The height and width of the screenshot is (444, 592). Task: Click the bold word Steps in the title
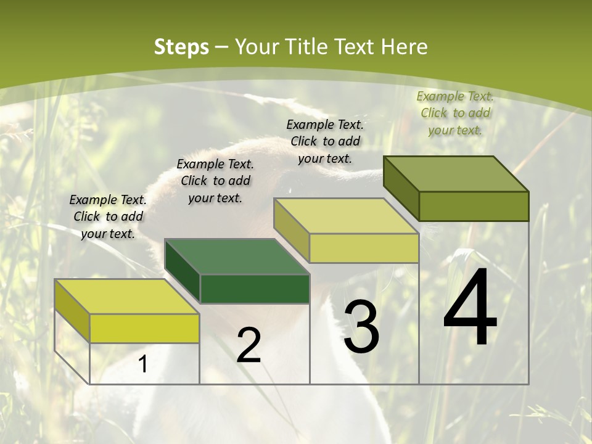coord(181,47)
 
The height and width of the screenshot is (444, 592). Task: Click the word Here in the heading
coord(404,47)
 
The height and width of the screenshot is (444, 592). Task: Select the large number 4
coord(470,308)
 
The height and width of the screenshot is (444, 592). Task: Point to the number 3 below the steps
coord(361,327)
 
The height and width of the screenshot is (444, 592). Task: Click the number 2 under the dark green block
coord(249,345)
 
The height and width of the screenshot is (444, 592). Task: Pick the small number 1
coord(143,364)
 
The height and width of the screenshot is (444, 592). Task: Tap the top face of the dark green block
coord(237,257)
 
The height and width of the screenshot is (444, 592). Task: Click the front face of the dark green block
coord(255,289)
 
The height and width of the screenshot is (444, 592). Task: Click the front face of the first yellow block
coord(144,328)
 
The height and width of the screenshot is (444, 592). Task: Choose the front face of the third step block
coord(364,249)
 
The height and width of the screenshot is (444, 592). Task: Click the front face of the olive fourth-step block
coord(474,206)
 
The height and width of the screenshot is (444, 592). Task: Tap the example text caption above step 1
coord(108,216)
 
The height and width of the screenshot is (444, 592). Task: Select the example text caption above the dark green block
coord(215,181)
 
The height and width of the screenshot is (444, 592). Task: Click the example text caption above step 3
coord(325,141)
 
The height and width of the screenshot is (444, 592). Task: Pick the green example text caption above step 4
coord(455,113)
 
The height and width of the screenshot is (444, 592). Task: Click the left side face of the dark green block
coord(183,271)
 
